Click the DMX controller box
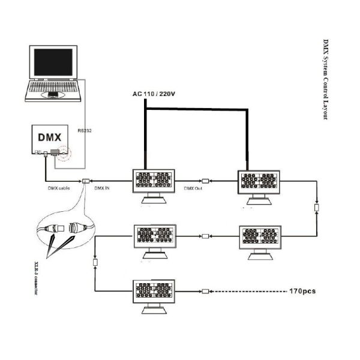49,140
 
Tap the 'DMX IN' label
103,187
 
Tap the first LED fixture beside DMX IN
152,182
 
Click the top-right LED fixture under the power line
259,184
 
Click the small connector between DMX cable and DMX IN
86,181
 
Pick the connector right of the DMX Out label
205,181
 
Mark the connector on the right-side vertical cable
316,208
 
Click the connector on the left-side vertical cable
94,262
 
